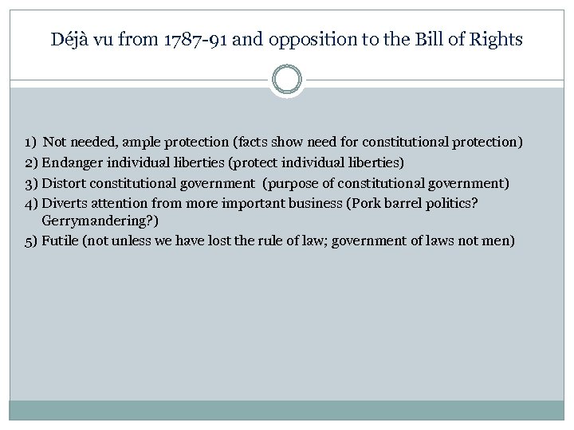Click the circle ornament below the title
tap(287, 80)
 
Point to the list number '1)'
tap(29, 143)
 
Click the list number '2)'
tap(30, 162)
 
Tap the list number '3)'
tap(30, 183)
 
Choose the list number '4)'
tap(30, 203)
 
